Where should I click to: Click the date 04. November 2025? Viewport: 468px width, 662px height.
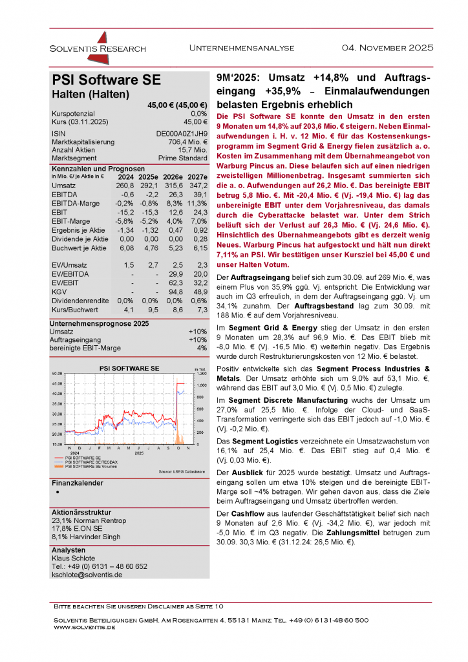387,48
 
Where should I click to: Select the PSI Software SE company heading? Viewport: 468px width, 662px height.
106,80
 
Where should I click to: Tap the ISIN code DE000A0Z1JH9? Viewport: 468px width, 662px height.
182,133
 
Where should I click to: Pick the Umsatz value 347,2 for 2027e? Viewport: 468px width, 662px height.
195,186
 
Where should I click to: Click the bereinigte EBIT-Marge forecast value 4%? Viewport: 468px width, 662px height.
201,348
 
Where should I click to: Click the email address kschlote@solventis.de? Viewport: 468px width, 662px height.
87,575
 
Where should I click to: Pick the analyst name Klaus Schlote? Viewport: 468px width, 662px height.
73,558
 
